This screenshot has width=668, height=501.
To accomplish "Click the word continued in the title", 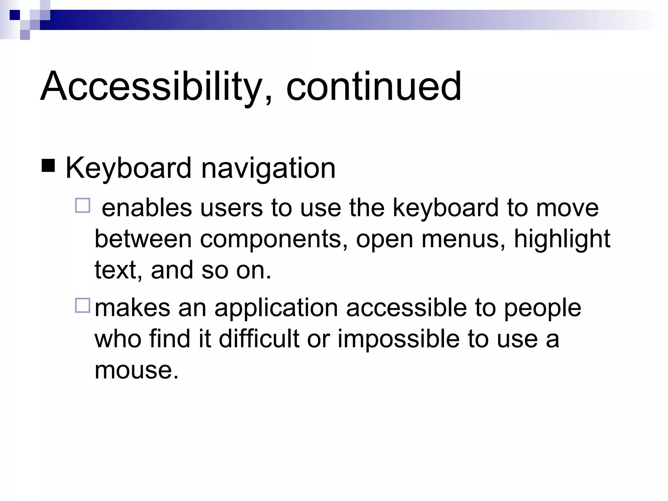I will [x=373, y=86].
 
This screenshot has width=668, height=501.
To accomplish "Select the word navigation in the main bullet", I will [x=268, y=168].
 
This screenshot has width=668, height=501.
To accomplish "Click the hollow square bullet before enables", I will [x=83, y=206].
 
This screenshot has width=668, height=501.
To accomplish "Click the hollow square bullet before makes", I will [x=83, y=306].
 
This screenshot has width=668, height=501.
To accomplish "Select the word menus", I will [x=463, y=239].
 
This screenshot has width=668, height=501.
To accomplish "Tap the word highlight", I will [x=562, y=239].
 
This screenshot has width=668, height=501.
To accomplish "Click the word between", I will [x=143, y=239].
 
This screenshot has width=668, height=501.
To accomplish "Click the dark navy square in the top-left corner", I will [x=15, y=15].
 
